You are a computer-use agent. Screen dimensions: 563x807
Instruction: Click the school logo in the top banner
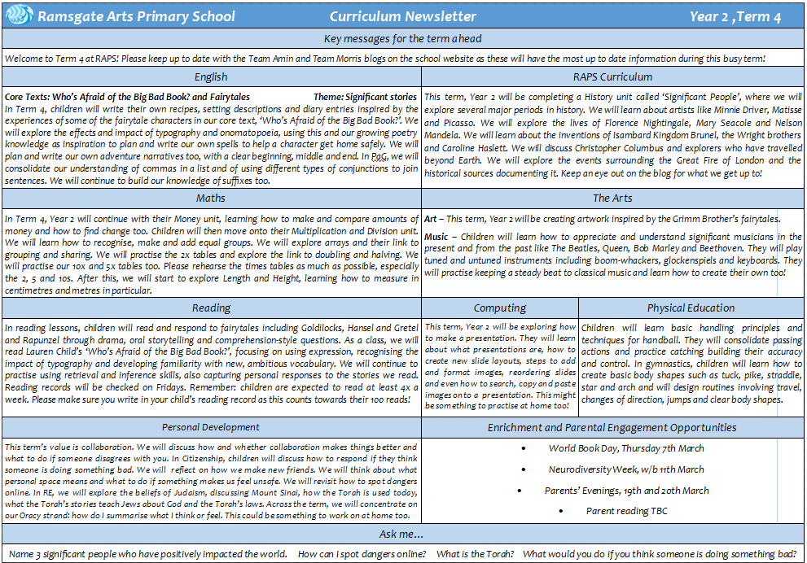(18, 15)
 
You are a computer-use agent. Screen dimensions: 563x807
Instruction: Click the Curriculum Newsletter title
(403, 16)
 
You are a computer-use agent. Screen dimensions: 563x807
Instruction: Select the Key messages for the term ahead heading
(403, 38)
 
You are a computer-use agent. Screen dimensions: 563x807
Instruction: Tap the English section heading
(211, 76)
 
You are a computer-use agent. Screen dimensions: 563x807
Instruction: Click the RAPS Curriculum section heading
(612, 76)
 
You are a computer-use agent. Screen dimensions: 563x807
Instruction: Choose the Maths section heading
(211, 198)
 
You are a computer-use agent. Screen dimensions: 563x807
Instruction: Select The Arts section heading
(612, 198)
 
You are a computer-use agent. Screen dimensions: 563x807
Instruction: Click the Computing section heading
(500, 308)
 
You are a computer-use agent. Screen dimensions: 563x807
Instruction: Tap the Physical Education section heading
(691, 308)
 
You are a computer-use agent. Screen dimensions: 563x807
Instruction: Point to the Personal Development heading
(211, 427)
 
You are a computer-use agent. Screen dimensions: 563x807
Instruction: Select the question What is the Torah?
(476, 553)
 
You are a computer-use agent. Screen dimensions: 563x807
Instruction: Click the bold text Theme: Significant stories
(365, 97)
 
